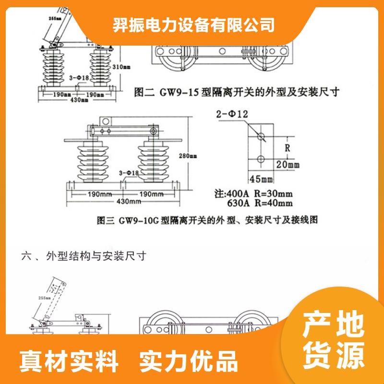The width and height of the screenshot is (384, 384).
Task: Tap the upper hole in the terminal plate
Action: tap(261, 136)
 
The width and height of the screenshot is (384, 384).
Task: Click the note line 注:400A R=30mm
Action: tap(252, 194)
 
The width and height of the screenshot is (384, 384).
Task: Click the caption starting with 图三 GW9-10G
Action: tap(208, 221)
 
